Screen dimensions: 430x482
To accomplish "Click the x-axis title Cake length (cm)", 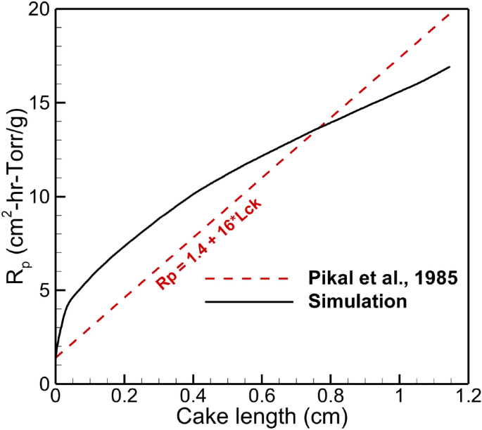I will click(262, 417).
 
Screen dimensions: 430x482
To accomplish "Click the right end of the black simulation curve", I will click(450, 67).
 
